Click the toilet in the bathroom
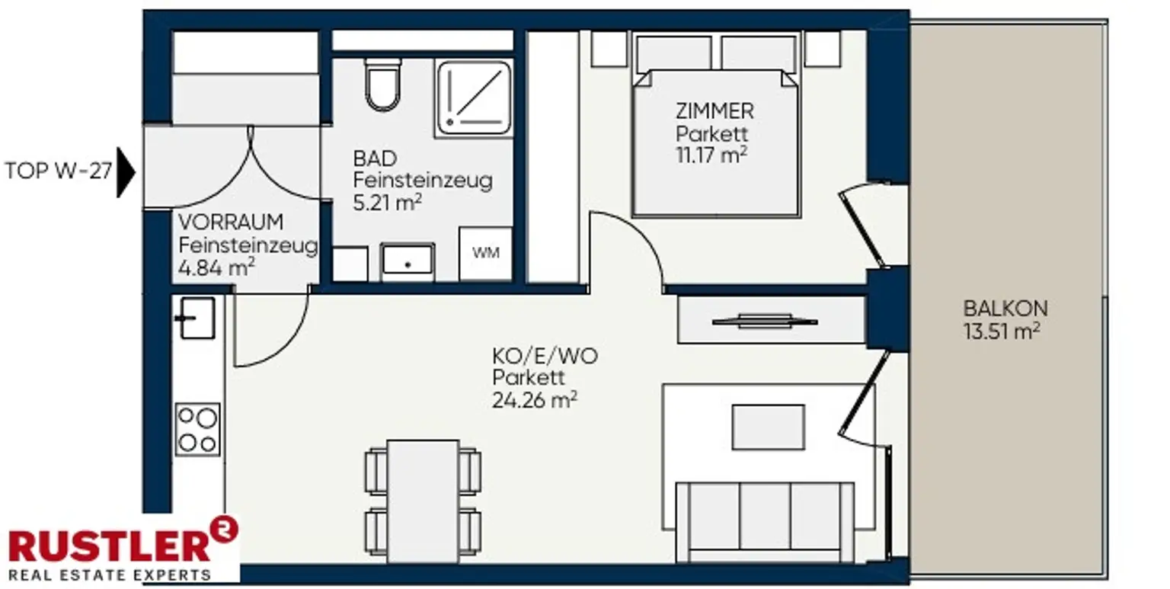[383, 85]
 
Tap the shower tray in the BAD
[474, 98]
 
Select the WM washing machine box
[485, 254]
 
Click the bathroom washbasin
[408, 261]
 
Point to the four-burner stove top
[197, 429]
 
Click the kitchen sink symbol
[195, 319]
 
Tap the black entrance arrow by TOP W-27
[126, 172]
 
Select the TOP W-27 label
[58, 171]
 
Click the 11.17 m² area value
[711, 155]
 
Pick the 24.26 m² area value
[534, 400]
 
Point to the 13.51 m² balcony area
[1002, 331]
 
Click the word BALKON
[1005, 309]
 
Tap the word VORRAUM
[231, 222]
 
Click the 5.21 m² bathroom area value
[387, 203]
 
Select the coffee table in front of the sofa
[768, 427]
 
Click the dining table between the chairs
[423, 501]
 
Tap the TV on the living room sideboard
[765, 322]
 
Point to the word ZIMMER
[714, 111]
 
